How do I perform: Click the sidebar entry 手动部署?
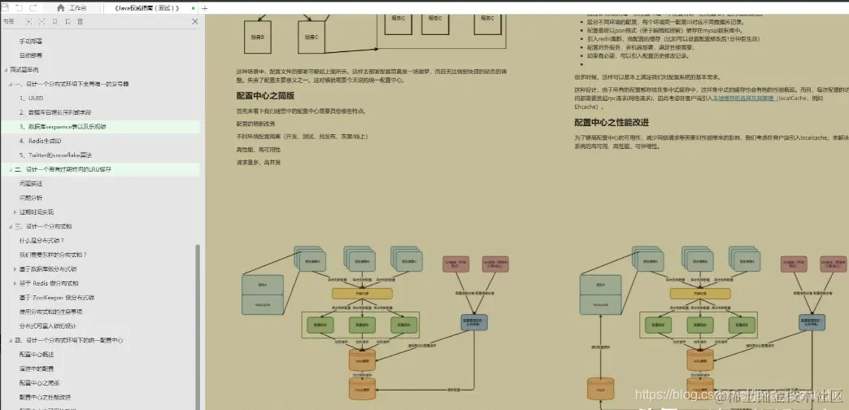pos(32,41)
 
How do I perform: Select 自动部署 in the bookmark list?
pos(32,55)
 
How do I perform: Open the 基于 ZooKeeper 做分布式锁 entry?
pos(58,297)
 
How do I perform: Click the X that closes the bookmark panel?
pos(195,21)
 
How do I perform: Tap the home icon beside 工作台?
pos(60,7)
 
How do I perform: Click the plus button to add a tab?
pos(204,7)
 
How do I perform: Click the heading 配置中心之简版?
pos(264,96)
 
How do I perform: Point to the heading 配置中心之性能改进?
pos(623,123)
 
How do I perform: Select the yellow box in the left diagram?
pos(362,293)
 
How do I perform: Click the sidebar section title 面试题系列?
pos(29,69)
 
